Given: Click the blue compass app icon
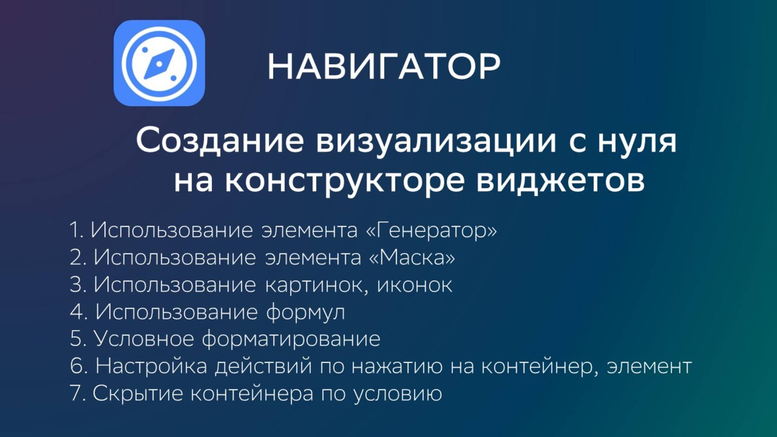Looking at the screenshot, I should click(159, 63).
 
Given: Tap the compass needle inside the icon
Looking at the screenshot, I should click(159, 64).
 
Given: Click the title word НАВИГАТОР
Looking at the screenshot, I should click(384, 66).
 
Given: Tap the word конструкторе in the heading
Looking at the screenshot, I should click(344, 181).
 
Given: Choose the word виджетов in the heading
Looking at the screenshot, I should click(560, 181).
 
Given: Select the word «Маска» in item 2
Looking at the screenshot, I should click(412, 257).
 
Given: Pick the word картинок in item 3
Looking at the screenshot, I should click(316, 285).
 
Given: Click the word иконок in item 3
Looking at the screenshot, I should click(414, 285).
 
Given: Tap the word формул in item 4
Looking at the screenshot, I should click(306, 312).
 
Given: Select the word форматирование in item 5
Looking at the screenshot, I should click(291, 339).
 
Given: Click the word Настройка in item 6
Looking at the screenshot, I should click(151, 366).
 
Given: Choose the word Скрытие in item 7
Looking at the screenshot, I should click(138, 393).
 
